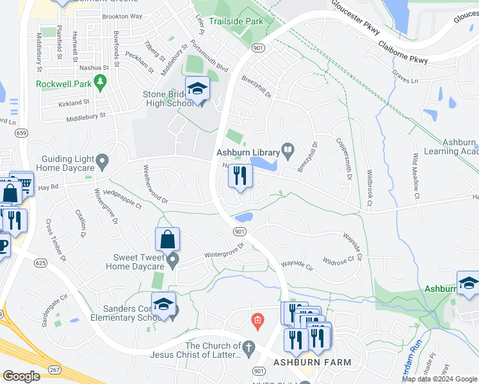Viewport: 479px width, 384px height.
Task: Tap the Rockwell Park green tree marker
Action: tap(99, 81)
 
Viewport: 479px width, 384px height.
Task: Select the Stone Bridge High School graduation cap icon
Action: tap(198, 89)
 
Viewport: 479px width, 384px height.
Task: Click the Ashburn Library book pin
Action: tap(288, 151)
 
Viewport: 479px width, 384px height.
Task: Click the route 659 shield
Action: tap(22, 133)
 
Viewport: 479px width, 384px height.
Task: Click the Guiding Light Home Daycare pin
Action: tap(102, 160)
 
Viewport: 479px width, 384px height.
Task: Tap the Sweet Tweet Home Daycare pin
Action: tap(173, 260)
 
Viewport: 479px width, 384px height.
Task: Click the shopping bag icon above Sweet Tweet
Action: tap(167, 240)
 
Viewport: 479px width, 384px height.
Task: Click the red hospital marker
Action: tap(257, 319)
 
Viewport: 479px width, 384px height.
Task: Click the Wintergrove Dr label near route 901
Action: tap(225, 250)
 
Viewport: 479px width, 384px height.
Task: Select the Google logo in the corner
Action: tap(21, 376)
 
